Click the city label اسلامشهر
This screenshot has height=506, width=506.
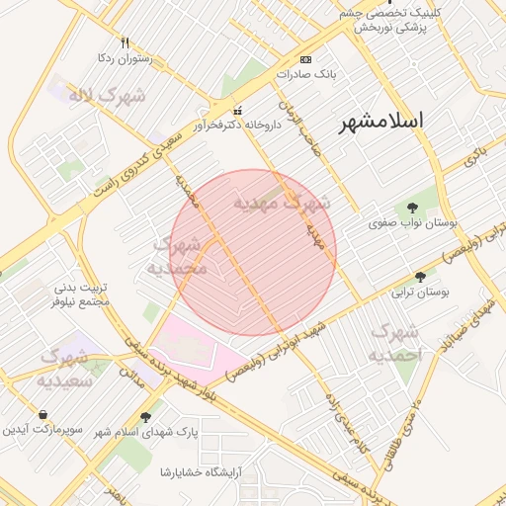click(x=380, y=122)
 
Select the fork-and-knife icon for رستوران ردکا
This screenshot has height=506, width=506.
click(x=125, y=42)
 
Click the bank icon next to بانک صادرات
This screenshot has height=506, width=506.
click(x=304, y=59)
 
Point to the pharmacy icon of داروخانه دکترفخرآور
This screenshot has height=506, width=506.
click(x=236, y=110)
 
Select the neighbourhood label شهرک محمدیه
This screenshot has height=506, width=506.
click(x=178, y=255)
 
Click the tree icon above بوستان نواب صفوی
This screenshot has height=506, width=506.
click(x=412, y=208)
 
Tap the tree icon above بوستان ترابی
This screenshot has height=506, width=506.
click(x=421, y=277)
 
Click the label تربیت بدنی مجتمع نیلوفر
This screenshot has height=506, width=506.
click(x=85, y=295)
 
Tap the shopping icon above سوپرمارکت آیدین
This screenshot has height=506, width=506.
click(x=43, y=415)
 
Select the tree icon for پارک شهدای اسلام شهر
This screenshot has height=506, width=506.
click(x=146, y=417)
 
